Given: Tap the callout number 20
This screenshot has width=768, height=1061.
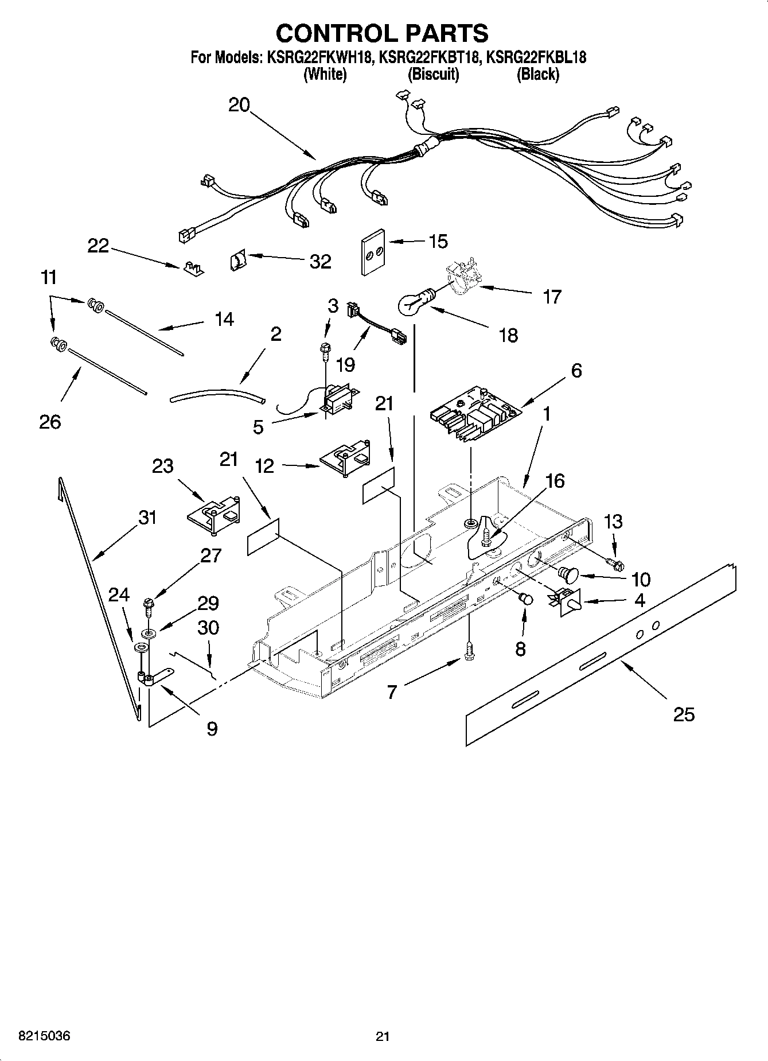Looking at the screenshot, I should click(x=239, y=105).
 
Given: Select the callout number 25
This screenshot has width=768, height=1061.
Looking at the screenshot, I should click(x=684, y=714).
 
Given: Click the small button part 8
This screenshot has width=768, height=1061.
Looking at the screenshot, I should click(x=525, y=599).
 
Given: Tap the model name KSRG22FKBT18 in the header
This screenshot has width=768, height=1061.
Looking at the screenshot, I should click(x=430, y=57).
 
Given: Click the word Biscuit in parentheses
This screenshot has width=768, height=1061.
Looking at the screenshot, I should click(x=433, y=74).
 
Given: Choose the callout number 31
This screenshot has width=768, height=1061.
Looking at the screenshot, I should click(x=147, y=518).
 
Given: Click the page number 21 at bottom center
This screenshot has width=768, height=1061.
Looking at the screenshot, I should click(x=383, y=1036).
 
